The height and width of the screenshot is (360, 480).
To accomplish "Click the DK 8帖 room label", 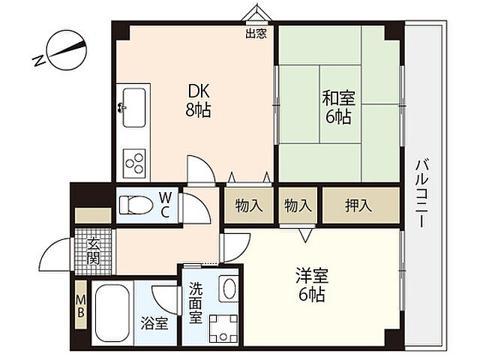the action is (198, 100).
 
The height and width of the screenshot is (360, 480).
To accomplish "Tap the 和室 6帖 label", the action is (338, 108).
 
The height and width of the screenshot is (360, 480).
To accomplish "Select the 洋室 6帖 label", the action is (312, 285).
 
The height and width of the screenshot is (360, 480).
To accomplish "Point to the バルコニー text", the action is (422, 193).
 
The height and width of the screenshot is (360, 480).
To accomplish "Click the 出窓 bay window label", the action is (256, 33).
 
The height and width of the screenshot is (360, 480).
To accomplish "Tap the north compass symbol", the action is (60, 52).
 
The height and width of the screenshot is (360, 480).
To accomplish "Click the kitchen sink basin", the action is (133, 107).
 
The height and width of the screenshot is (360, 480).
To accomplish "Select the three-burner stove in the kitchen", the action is (134, 163).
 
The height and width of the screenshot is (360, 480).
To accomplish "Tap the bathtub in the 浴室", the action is (112, 314).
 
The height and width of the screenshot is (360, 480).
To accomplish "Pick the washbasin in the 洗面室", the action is (228, 289).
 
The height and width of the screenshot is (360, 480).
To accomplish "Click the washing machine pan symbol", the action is (223, 329).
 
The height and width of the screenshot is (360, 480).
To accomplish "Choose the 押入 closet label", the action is (358, 205).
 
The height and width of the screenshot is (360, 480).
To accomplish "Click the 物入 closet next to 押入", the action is (298, 205).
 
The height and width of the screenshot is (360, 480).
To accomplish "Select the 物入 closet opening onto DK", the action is (248, 205).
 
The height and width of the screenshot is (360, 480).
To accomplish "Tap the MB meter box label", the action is (81, 305).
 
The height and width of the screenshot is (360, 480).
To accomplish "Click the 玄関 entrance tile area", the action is (93, 252).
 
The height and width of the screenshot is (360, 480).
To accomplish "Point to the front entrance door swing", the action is (55, 254).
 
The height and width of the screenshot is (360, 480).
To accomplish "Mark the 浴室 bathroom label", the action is (154, 323).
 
